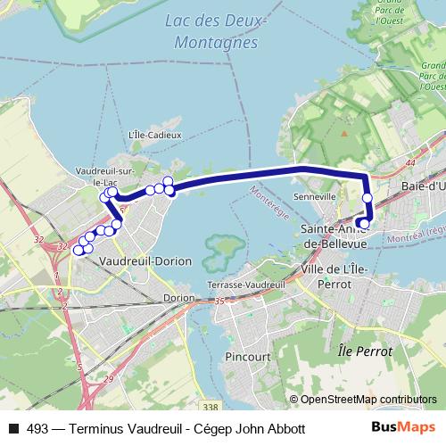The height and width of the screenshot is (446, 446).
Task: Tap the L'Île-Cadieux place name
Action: pyautogui.click(x=155, y=135)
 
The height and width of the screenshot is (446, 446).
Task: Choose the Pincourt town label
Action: pyautogui.click(x=249, y=356)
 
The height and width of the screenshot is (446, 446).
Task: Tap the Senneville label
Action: pyautogui.click(x=314, y=195)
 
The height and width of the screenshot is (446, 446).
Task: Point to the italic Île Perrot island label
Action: pyautogui.click(x=366, y=351)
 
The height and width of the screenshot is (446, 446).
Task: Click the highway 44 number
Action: pyautogui.click(x=409, y=163)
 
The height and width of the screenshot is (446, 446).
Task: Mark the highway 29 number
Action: pyautogui.click(x=108, y=380)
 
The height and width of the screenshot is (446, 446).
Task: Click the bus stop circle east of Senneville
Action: pyautogui.click(x=368, y=197)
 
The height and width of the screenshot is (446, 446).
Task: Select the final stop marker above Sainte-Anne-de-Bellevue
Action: pyautogui.click(x=363, y=223)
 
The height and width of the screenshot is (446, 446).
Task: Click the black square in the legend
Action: pyautogui.click(x=12, y=428)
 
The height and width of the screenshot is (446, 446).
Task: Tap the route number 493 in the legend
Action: pyautogui.click(x=37, y=428)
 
